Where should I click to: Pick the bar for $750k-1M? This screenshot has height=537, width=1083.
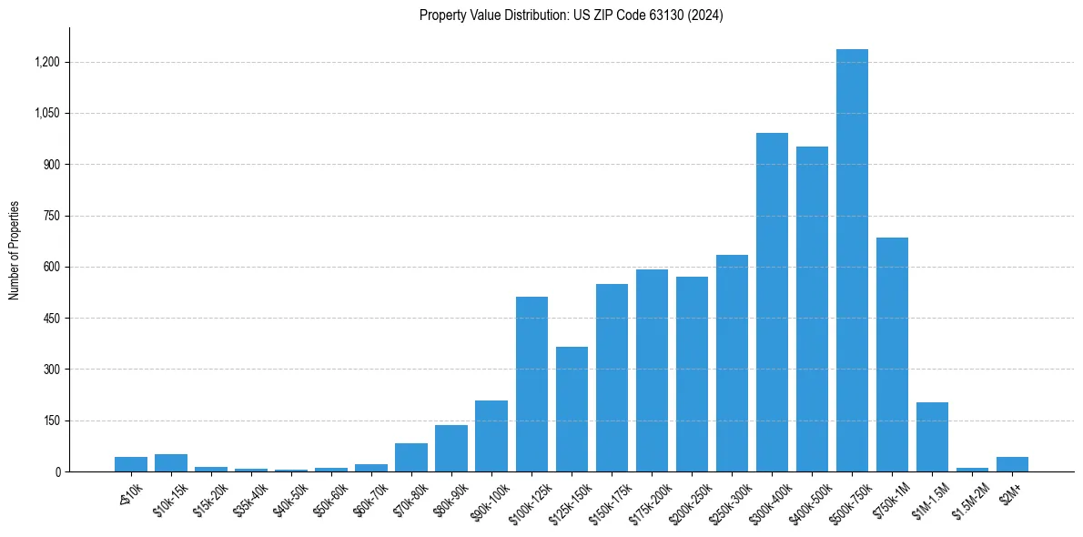tap(892, 355)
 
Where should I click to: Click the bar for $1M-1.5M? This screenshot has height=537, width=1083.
tap(932, 437)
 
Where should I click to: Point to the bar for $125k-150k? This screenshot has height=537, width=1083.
tap(572, 410)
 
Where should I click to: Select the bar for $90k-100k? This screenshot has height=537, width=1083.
tap(491, 436)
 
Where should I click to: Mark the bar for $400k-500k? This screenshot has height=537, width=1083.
tap(812, 309)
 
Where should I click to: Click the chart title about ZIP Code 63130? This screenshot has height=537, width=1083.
tap(572, 15)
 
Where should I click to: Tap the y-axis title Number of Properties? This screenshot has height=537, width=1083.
tap(14, 250)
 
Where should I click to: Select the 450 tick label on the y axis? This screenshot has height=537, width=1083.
tap(51, 319)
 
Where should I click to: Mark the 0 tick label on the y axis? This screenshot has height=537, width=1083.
tap(57, 471)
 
